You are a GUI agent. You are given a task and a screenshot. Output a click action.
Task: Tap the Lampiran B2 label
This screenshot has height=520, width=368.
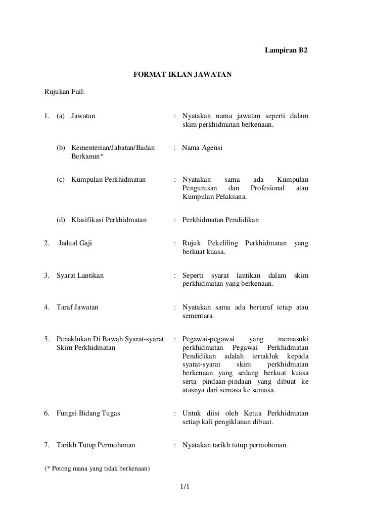click(x=286, y=51)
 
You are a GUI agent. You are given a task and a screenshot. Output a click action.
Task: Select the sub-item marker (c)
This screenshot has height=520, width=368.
click(x=61, y=180)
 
